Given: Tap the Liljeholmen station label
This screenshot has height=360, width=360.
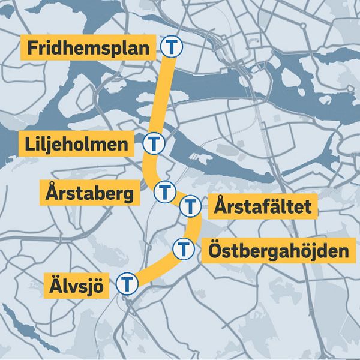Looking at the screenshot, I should [x=77, y=145].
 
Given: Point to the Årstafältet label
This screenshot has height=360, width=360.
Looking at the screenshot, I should [x=263, y=208].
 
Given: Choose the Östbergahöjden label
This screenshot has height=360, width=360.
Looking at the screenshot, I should [x=278, y=250].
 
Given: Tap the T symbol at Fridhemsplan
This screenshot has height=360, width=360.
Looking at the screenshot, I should [x=172, y=46].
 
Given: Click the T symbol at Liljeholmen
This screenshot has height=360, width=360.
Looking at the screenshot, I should [x=155, y=143].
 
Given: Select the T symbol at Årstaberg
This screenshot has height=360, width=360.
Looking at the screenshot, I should [x=164, y=193].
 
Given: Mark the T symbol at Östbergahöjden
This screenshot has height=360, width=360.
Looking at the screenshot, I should [x=184, y=248].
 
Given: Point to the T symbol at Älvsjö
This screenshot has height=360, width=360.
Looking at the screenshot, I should [x=127, y=283].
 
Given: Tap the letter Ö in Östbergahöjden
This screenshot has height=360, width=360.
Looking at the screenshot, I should [x=217, y=248].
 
